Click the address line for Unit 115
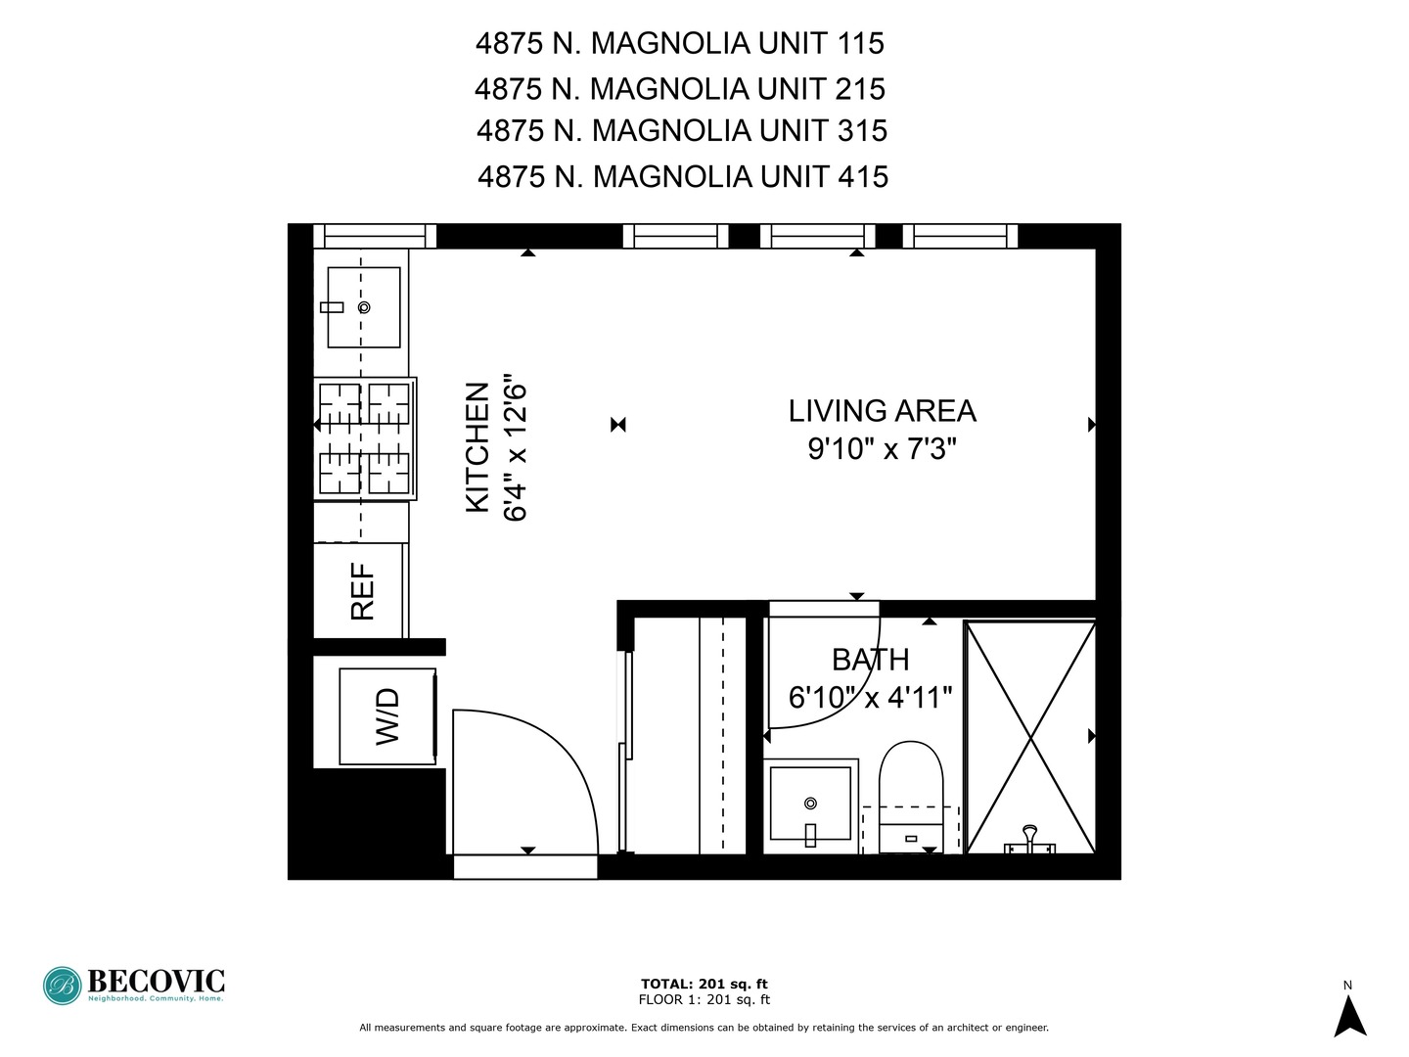(679, 44)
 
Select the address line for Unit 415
(682, 177)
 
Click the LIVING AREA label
(882, 411)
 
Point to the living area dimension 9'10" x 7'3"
(882, 449)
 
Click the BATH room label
(870, 660)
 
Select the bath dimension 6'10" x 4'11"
(870, 698)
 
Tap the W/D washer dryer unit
(387, 715)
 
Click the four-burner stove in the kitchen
(365, 438)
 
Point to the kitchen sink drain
(364, 307)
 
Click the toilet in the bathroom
(910, 793)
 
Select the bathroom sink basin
(810, 804)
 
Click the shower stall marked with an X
(1029, 736)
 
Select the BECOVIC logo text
(157, 981)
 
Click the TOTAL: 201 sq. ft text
(704, 984)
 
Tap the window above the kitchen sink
(375, 236)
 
